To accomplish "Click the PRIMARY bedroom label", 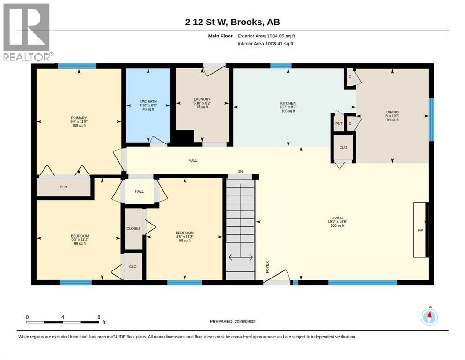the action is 79,118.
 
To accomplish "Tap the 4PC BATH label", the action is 148,102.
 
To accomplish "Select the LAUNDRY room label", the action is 202,99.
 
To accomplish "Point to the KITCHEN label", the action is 288,103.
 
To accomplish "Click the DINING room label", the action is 392,112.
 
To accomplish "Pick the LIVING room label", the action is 337,217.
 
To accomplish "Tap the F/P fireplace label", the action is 420,230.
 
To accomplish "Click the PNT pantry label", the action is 339,124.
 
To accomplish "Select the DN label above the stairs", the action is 240,172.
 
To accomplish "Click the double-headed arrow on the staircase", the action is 241,257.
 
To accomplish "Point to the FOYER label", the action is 267,267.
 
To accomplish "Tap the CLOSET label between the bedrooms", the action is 133,229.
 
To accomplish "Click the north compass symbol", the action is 429,317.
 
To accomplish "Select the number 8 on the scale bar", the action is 99,317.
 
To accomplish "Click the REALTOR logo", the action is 27,32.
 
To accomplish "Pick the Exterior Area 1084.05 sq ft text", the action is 266,36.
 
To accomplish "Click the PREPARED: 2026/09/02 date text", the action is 232,321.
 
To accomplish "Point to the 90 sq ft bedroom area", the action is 185,240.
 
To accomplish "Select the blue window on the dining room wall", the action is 431,120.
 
